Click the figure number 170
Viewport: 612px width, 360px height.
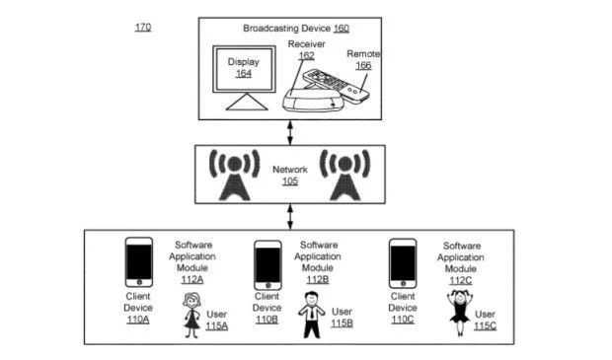[143, 27]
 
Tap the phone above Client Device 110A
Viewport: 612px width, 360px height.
[138, 262]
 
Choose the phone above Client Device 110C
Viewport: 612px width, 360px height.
[402, 262]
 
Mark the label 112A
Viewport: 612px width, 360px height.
[191, 280]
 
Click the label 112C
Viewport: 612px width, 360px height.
[460, 280]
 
